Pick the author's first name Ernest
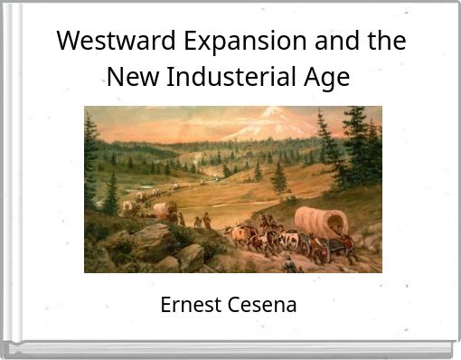[x=190, y=305]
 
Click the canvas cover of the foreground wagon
[x=321, y=219]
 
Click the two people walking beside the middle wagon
[x=202, y=220]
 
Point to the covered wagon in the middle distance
[x=165, y=210]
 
